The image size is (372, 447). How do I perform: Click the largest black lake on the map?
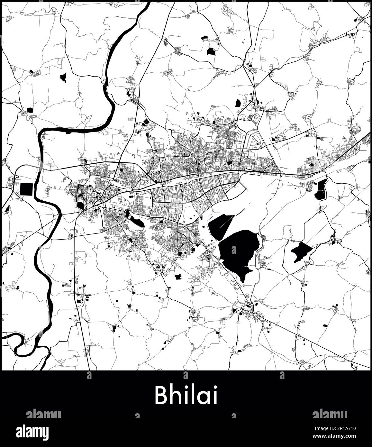pos(239,251)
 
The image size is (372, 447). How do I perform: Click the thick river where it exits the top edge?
pos(147,5)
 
